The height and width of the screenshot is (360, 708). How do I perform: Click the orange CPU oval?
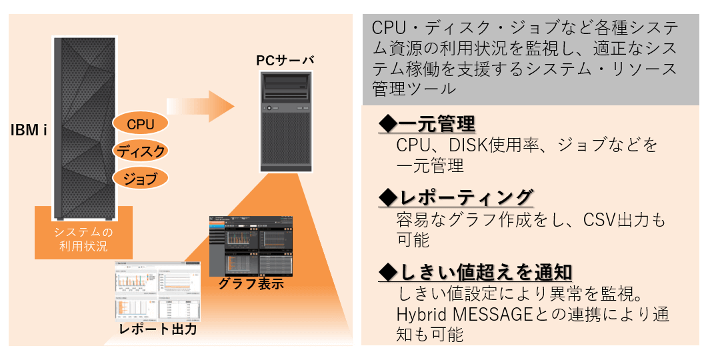pyautogui.click(x=140, y=124)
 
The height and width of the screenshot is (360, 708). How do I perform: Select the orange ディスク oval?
pyautogui.click(x=140, y=151)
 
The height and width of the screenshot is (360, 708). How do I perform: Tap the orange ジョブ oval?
pyautogui.click(x=140, y=179)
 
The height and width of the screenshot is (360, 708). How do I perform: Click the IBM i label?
pyautogui.click(x=28, y=129)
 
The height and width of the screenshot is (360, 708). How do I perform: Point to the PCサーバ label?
pyautogui.click(x=285, y=60)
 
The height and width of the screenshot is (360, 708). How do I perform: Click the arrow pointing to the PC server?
pyautogui.click(x=200, y=106)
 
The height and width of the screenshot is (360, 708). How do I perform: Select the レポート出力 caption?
pyautogui.click(x=157, y=329)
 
